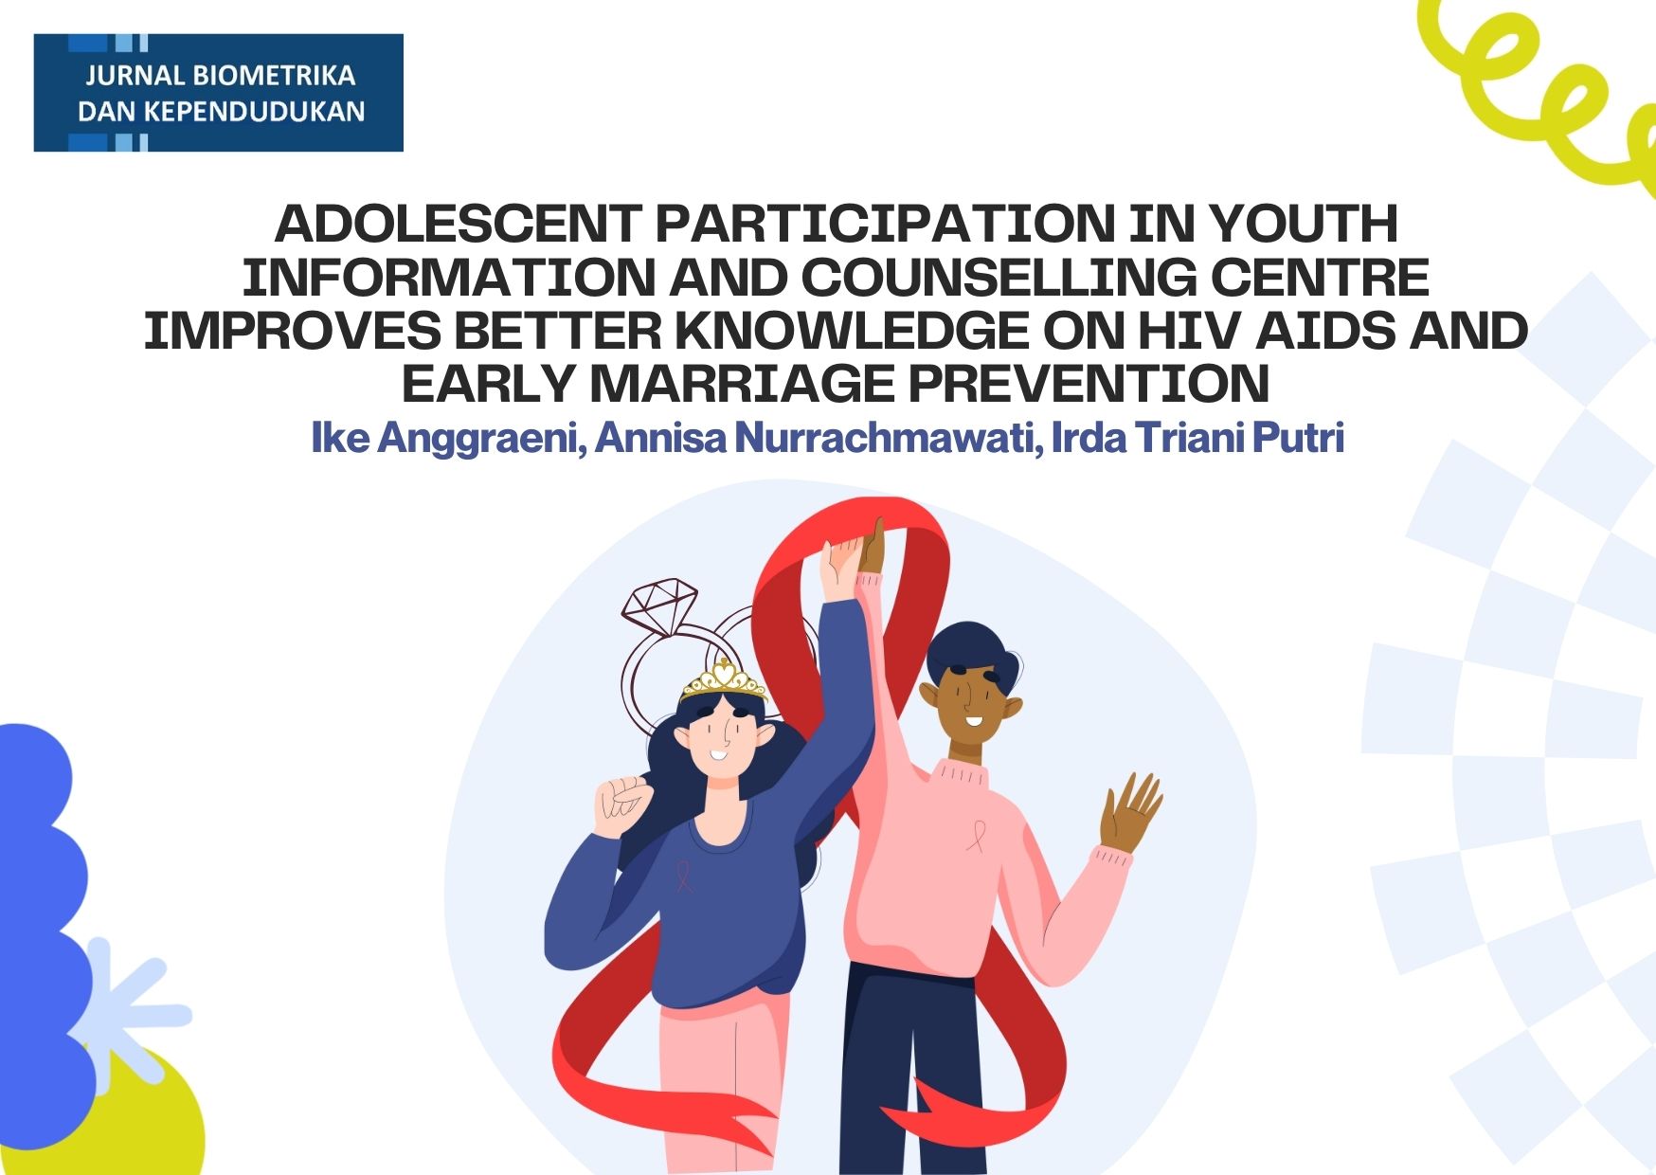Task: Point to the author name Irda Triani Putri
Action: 1197,438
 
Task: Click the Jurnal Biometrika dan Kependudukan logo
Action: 219,93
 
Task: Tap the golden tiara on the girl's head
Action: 724,678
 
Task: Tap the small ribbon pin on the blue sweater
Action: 683,876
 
